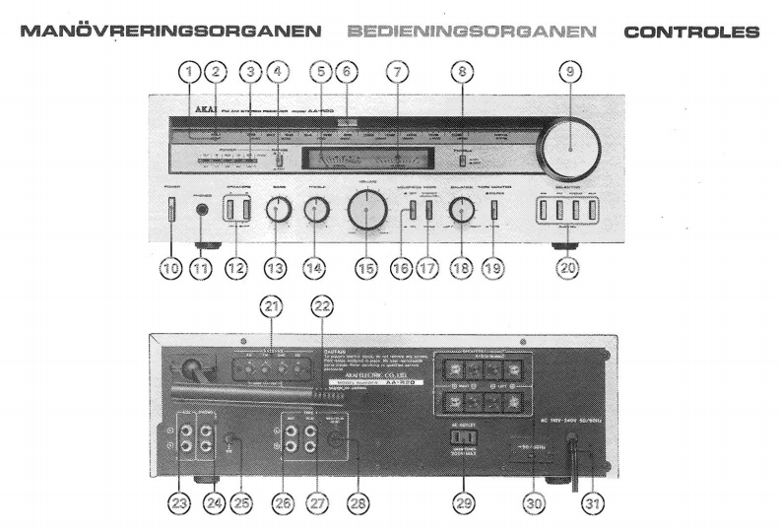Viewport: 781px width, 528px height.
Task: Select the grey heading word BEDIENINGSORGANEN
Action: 473,32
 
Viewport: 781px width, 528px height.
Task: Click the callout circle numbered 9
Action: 570,71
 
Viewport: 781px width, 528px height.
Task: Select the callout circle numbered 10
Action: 169,267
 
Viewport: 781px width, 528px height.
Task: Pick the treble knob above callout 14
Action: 316,208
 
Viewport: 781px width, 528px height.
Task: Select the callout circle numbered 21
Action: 269,307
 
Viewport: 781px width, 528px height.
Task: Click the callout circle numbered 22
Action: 318,307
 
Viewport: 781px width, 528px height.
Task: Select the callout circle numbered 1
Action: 188,71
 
